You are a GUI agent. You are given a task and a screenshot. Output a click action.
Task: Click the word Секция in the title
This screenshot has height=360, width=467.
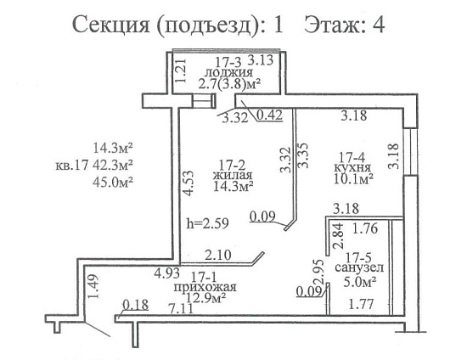[x=110, y=25]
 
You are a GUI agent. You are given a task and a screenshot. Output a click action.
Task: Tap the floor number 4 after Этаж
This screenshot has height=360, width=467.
[x=379, y=25]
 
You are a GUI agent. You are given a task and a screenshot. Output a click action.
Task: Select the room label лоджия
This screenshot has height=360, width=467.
[x=228, y=72]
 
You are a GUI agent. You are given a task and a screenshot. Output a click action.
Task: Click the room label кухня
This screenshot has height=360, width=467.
[x=352, y=167]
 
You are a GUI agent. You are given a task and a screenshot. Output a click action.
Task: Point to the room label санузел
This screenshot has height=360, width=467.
[x=359, y=267]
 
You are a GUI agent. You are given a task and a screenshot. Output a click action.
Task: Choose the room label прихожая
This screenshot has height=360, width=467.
[x=205, y=288]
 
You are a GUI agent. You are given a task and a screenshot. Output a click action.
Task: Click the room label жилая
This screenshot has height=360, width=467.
[x=233, y=175]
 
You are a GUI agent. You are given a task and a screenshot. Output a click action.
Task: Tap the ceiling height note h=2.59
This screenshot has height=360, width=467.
[x=207, y=223]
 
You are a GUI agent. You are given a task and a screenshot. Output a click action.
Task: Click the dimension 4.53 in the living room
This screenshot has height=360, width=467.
[x=188, y=183]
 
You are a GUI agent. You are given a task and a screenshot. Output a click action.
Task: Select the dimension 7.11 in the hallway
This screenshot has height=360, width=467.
[x=180, y=308]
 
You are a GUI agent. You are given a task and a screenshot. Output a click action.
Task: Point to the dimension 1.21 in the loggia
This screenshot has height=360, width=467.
[x=181, y=70]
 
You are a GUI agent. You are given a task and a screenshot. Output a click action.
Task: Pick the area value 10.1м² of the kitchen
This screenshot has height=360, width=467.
[x=353, y=179]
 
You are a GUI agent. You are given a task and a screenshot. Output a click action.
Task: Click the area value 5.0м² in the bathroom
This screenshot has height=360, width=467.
[x=359, y=281]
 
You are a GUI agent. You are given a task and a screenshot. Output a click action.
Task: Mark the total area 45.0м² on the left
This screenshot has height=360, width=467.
[x=113, y=182]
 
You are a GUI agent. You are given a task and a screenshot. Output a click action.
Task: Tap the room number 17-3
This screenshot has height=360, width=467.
[x=228, y=62]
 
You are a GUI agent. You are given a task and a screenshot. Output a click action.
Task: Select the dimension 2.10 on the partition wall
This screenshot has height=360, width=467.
[x=218, y=256]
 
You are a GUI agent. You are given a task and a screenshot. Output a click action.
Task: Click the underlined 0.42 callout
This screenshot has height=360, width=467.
[x=269, y=115]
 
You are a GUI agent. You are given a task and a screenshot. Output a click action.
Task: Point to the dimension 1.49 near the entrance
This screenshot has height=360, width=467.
[x=93, y=286]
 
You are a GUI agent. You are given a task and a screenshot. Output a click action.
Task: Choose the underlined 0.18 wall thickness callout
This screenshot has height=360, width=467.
[x=136, y=305]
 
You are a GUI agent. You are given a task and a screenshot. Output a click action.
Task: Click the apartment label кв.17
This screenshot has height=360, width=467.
[x=72, y=165]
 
